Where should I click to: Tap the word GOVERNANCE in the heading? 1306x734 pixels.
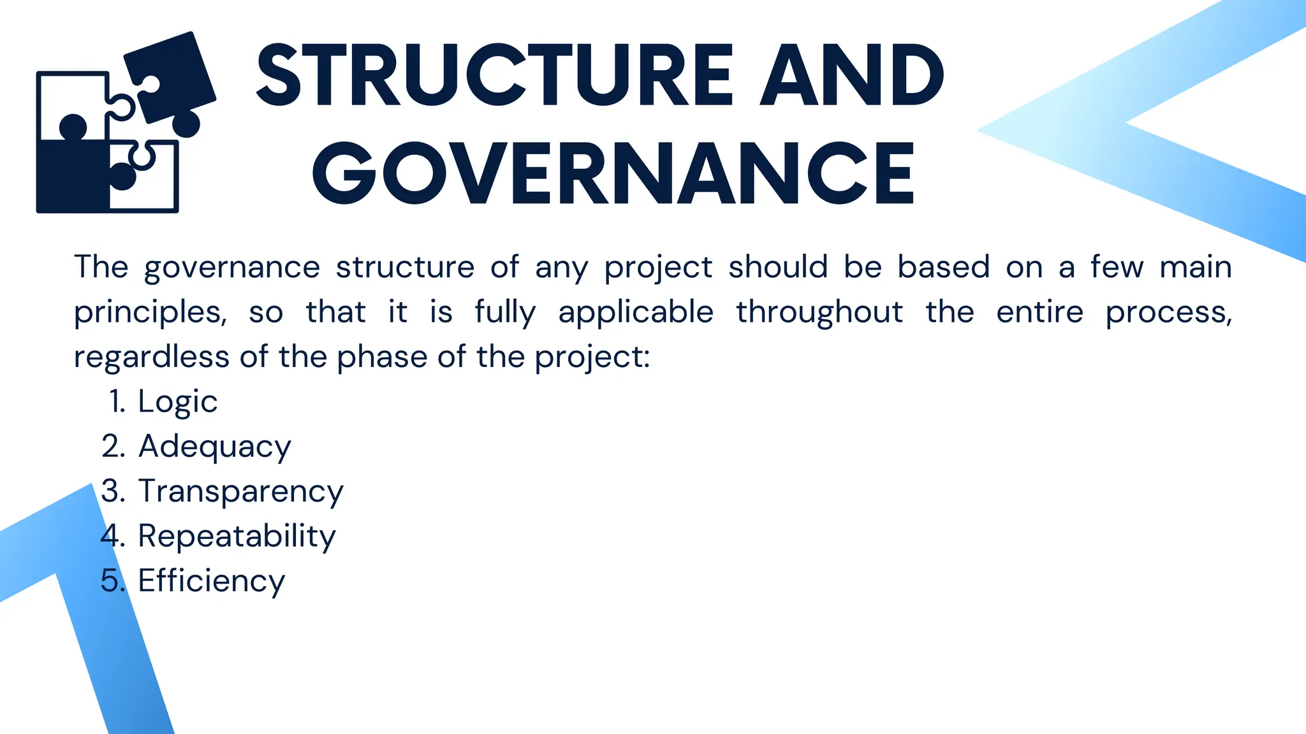613,174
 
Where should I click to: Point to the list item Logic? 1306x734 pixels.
178,401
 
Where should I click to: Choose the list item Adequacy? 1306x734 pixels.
215,447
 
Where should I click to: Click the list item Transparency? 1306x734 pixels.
241,491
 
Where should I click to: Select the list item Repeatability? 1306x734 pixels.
237,536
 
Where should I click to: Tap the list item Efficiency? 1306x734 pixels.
212,580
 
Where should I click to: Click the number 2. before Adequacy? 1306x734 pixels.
113,447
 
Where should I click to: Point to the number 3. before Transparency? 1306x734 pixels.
113,491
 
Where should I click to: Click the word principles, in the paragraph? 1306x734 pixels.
150,313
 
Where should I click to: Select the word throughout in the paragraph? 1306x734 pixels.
819,313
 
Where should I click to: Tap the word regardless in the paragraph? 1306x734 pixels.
151,357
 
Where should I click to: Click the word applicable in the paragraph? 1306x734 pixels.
636,313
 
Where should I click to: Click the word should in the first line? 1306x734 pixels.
778,267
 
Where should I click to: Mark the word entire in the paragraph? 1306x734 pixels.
1039,313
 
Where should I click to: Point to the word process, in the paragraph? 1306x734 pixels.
1168,313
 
